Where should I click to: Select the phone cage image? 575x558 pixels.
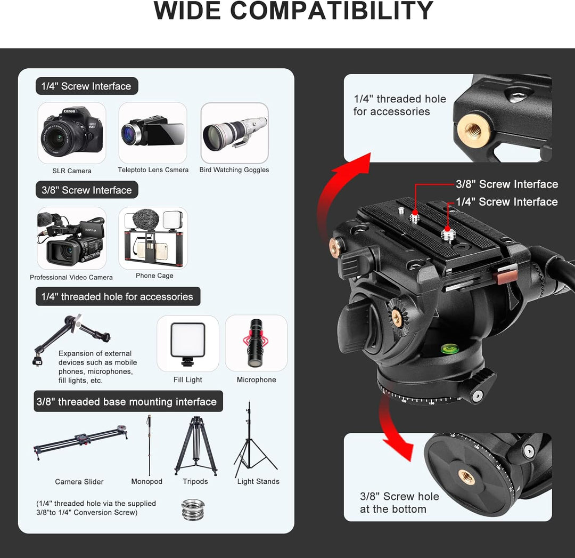pos(153,237)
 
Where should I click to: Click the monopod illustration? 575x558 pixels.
pos(149,445)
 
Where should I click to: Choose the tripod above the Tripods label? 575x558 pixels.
pos(195,445)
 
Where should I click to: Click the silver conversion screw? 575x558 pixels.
pos(193,509)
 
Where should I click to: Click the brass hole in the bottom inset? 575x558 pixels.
pos(466,477)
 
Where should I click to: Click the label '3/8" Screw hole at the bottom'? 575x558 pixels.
pos(399,503)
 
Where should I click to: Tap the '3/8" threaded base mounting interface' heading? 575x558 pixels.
pos(127,402)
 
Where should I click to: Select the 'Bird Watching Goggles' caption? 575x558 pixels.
pos(234,169)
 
